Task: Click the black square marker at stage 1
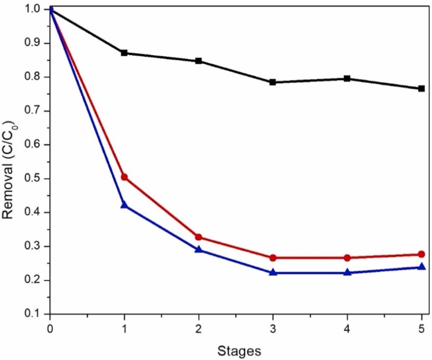124,53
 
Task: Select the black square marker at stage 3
273,82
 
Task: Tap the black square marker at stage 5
421,89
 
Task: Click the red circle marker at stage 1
124,177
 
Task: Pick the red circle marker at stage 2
198,237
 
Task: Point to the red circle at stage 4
347,258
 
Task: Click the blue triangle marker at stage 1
124,205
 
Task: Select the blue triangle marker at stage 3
273,272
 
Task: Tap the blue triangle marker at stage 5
421,267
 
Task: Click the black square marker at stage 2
198,61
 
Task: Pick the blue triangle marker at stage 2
198,250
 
